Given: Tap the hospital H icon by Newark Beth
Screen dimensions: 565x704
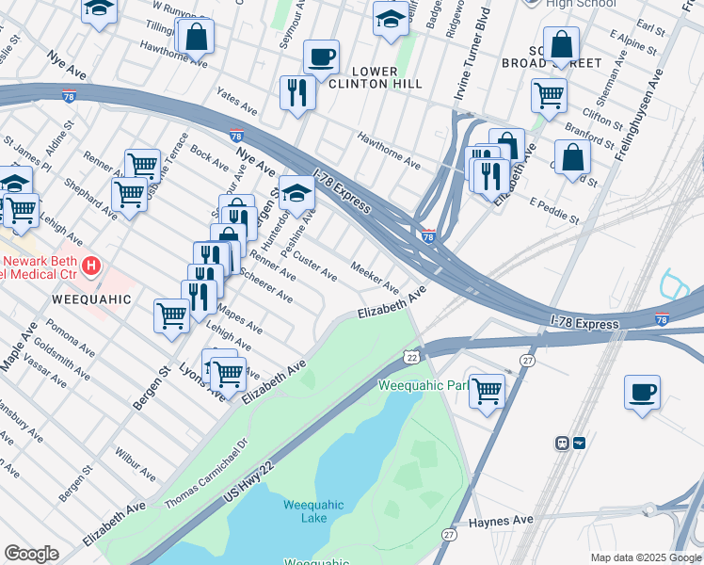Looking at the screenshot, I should [90, 266].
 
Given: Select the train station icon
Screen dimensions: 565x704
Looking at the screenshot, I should [570, 442].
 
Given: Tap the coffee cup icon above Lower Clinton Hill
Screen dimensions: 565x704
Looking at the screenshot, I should [321, 56].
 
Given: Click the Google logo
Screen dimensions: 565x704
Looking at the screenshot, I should [31, 554].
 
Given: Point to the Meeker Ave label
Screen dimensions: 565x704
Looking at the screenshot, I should [375, 276].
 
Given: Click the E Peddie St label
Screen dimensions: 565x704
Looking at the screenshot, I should [554, 210].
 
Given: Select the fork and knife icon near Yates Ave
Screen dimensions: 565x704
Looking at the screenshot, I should [297, 92].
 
